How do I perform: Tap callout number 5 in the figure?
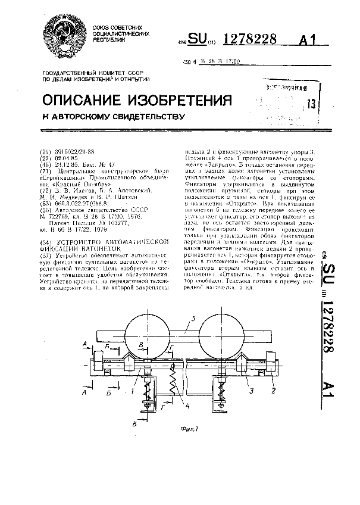(x=189, y=325)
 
